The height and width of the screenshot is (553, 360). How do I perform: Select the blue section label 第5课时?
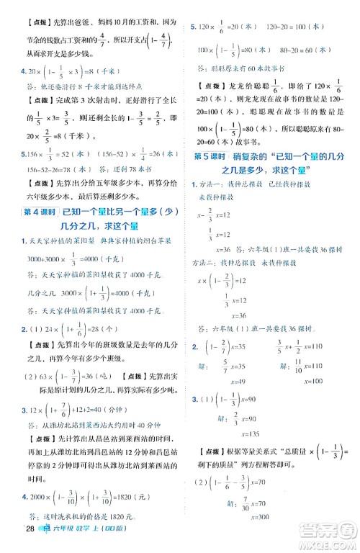[x=211, y=156]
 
